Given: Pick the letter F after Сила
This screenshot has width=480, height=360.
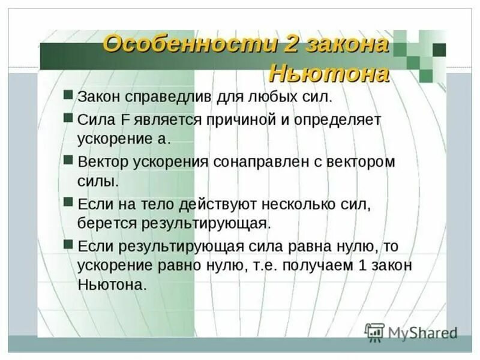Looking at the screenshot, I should (126, 119).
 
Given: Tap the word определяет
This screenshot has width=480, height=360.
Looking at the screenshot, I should (338, 119).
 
